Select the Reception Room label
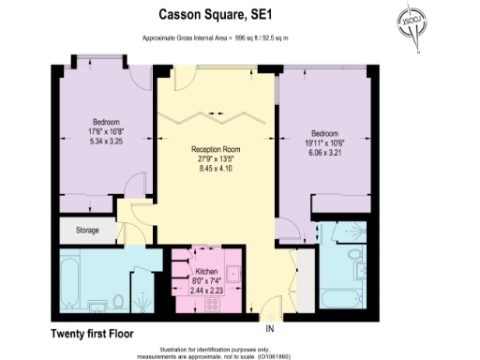(217, 149)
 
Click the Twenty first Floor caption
(94, 333)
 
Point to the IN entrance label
(270, 328)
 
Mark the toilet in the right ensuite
(355, 255)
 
